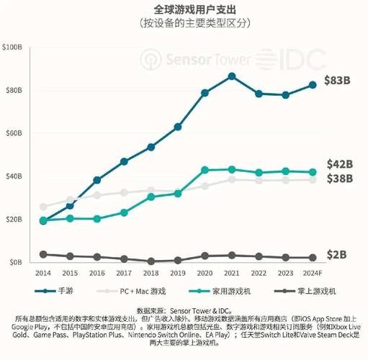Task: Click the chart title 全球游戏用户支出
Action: pyautogui.click(x=184, y=9)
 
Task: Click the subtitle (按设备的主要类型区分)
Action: pyautogui.click(x=184, y=24)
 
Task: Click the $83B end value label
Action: pyautogui.click(x=336, y=80)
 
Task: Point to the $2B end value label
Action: pyautogui.click(x=335, y=255)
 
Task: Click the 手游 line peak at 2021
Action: pyautogui.click(x=231, y=76)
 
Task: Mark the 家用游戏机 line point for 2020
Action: pyautogui.click(x=205, y=170)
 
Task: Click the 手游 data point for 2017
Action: pyautogui.click(x=124, y=161)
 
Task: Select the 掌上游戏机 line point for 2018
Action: pyautogui.click(x=151, y=261)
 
